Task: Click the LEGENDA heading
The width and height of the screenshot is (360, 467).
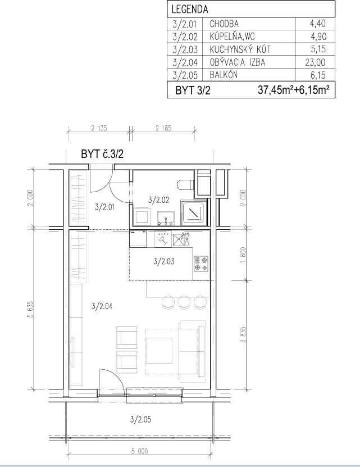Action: pyautogui.click(x=190, y=9)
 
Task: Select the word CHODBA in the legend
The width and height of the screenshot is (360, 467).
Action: pyautogui.click(x=224, y=24)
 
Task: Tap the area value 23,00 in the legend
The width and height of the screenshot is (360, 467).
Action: pyautogui.click(x=315, y=62)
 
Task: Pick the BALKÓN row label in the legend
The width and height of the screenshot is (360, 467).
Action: pyautogui.click(x=224, y=74)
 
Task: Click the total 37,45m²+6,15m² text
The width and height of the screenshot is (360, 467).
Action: pyautogui.click(x=294, y=90)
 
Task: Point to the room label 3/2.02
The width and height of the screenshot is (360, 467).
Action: pyautogui.click(x=159, y=200)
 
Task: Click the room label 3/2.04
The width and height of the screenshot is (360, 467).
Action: pyautogui.click(x=102, y=306)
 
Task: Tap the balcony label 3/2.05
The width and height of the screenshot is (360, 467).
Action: pyautogui.click(x=140, y=419)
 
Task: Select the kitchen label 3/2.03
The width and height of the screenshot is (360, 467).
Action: pyautogui.click(x=164, y=261)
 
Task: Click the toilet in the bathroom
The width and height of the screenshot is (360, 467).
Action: pyautogui.click(x=186, y=185)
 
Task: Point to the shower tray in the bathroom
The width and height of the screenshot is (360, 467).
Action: pyautogui.click(x=194, y=212)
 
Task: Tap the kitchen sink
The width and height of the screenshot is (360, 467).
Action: pyautogui.click(x=181, y=240)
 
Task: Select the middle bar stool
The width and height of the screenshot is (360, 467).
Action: pyautogui.click(x=184, y=302)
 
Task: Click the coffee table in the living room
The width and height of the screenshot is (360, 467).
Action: pyautogui.click(x=159, y=351)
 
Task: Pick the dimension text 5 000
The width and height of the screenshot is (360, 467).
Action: pyautogui.click(x=140, y=451)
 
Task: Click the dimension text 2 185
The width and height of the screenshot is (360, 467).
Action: pyautogui.click(x=163, y=128)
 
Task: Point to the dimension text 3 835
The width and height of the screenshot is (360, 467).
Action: pyautogui.click(x=243, y=335)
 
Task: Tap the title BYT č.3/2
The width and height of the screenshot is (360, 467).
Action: pyautogui.click(x=102, y=154)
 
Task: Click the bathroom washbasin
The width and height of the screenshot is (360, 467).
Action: pyautogui.click(x=166, y=218)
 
